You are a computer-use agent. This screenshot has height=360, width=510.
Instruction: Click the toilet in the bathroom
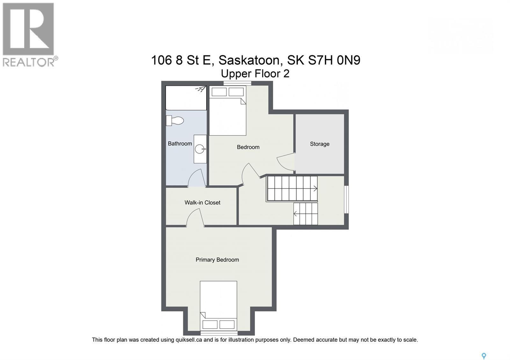pyautogui.click(x=175, y=120)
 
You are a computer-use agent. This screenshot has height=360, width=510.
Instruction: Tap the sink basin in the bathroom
pyautogui.click(x=200, y=149)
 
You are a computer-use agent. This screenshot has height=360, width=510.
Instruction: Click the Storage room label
pyautogui.click(x=320, y=144)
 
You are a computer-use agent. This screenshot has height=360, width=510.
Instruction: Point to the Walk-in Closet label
pyautogui.click(x=202, y=203)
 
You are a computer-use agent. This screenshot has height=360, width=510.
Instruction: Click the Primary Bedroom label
pyautogui.click(x=217, y=260)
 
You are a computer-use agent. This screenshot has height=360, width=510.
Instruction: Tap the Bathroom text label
pyautogui.click(x=180, y=144)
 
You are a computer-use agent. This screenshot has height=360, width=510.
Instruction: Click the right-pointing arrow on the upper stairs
pyautogui.click(x=315, y=189)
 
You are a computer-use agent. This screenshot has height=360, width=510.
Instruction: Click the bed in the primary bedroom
pyautogui.click(x=219, y=306)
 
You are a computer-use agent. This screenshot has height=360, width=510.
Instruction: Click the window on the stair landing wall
pyautogui.click(x=346, y=199)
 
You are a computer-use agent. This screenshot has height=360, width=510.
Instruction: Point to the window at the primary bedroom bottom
pyautogui.click(x=219, y=333)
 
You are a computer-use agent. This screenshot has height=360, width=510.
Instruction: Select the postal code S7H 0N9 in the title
pyautogui.click(x=334, y=60)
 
